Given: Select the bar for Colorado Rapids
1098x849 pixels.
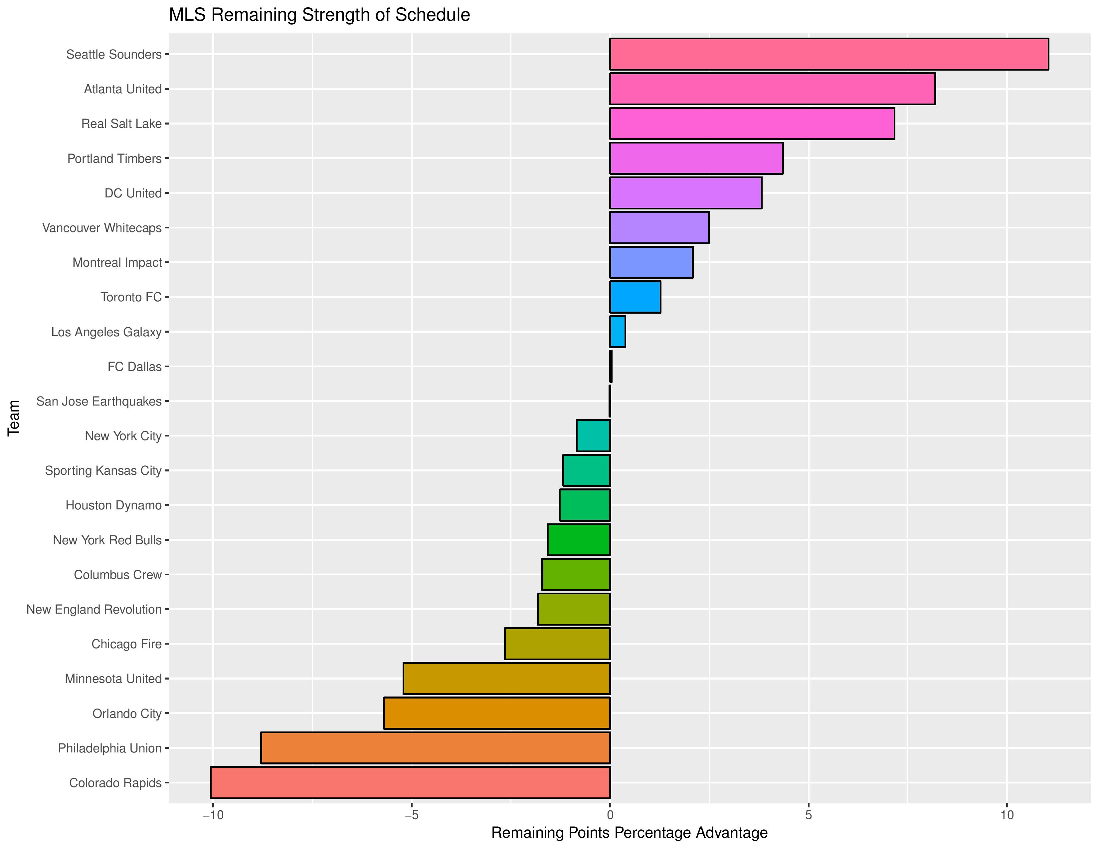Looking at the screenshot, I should pos(410,783).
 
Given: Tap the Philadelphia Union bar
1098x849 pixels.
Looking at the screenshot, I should pos(436,748).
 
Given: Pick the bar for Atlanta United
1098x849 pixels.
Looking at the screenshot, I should pos(772,89).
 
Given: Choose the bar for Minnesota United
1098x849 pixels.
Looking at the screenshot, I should pos(507,679).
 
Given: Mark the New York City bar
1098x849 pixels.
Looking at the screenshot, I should pos(593,435).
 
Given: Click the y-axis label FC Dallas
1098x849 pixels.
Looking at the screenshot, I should pos(135,367).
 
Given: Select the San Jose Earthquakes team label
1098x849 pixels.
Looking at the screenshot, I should pos(99,402).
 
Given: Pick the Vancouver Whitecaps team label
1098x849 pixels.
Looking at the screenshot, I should pos(102,228).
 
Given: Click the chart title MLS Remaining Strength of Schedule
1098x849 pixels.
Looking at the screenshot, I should pos(319,15).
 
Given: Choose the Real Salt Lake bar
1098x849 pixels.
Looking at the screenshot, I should pos(752,124).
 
